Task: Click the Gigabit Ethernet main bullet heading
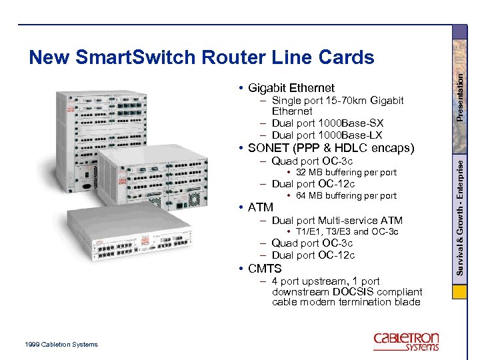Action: click(291, 88)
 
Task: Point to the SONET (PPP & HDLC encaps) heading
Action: click(331, 148)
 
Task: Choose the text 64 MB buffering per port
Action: click(345, 196)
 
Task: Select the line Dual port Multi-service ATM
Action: click(337, 220)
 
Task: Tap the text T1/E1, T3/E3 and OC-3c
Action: click(347, 232)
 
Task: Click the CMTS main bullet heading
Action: click(265, 269)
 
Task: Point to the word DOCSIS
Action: click(352, 292)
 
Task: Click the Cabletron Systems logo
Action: click(406, 341)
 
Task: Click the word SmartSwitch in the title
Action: click(115, 58)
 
